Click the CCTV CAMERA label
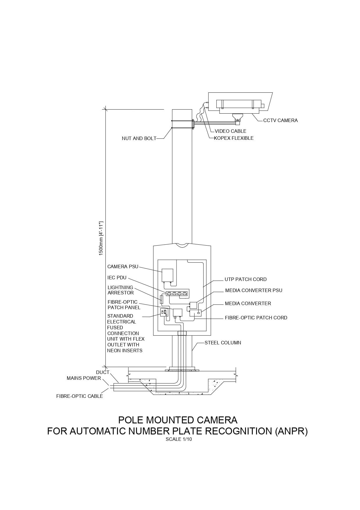point(280,120)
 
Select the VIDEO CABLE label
point(230,131)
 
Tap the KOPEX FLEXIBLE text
point(233,138)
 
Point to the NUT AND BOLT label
point(139,139)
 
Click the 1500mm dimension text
point(101,238)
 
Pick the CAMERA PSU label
point(123,266)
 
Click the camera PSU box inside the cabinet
point(167,275)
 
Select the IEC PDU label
point(117,278)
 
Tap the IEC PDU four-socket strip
point(177,294)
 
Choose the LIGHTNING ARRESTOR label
point(120,290)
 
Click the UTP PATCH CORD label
point(245,279)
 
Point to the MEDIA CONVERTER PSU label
point(253,290)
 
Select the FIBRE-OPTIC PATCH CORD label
point(256,318)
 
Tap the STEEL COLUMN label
point(223,343)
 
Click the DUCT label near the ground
point(102,372)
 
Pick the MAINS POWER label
point(84,378)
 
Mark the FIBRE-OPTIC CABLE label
point(79,396)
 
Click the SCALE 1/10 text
point(179,439)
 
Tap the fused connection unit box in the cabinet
point(164,313)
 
